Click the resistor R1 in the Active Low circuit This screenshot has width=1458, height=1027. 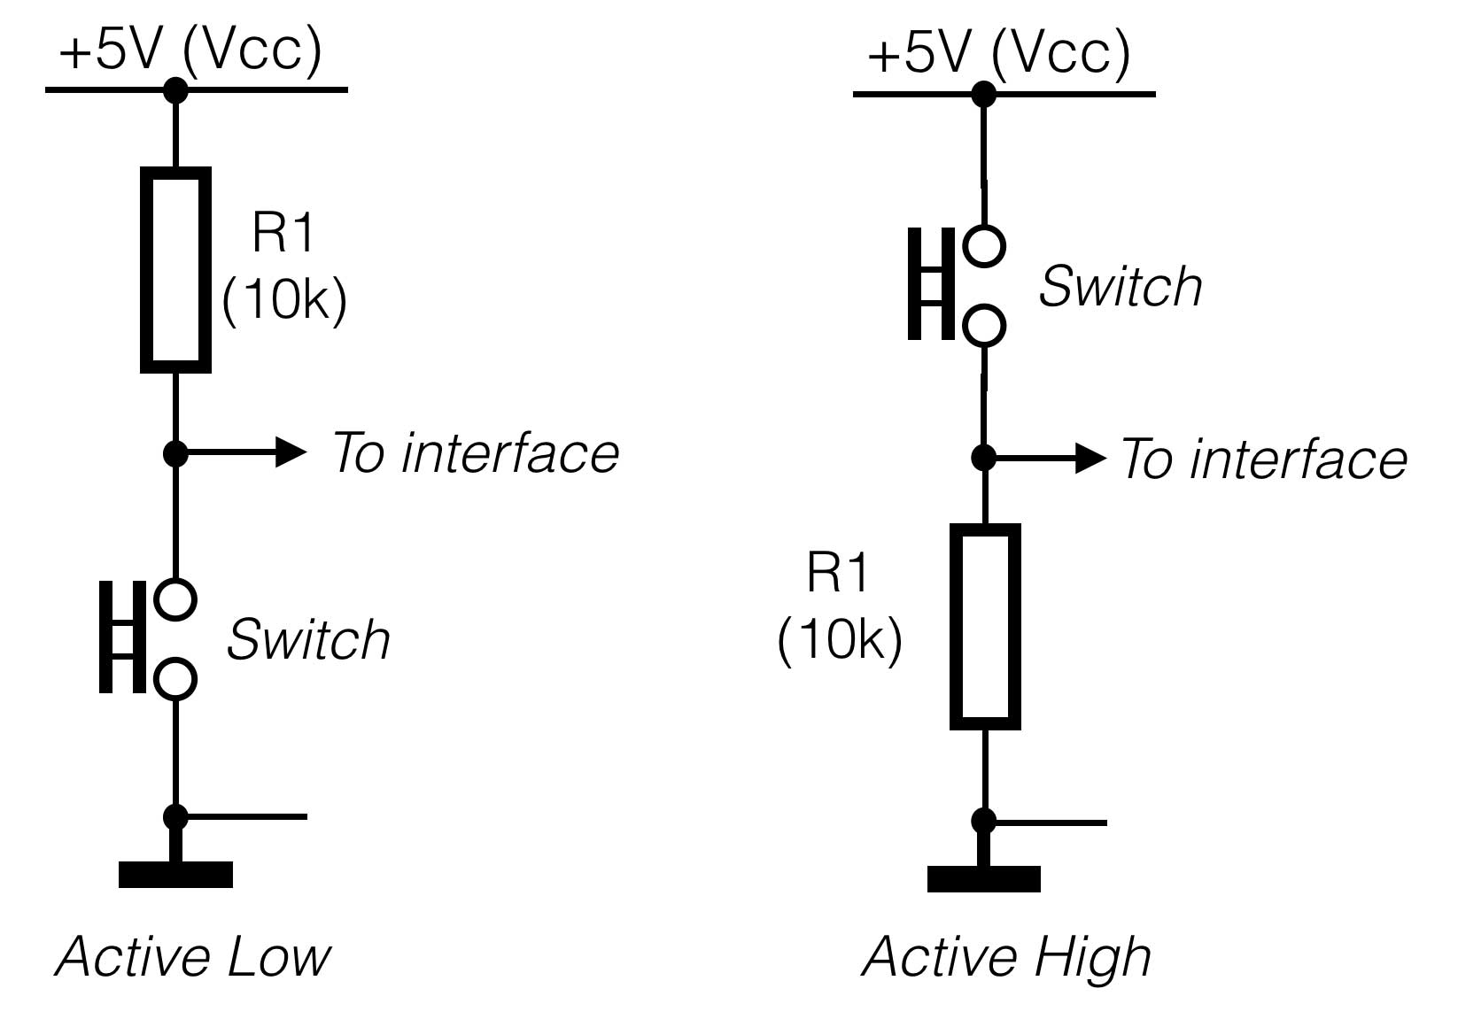coord(175,269)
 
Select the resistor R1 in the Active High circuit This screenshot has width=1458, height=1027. coord(985,626)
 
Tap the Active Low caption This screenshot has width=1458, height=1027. coord(192,957)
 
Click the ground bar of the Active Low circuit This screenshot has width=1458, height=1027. coord(175,875)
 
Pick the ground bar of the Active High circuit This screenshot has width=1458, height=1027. coord(984,879)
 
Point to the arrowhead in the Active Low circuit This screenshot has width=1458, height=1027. coord(290,452)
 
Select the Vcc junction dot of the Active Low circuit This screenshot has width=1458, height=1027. coord(175,89)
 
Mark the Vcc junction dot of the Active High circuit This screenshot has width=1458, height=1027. coord(984,93)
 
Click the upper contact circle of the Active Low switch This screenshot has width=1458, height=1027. coord(175,599)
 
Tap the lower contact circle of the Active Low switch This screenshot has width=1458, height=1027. coord(175,679)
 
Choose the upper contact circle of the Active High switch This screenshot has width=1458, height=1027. coord(984,245)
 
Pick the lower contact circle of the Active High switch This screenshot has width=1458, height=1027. coord(984,325)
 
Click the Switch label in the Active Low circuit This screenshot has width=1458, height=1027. coord(308,639)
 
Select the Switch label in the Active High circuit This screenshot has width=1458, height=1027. coord(1121,286)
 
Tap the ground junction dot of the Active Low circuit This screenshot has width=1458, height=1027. coord(175,816)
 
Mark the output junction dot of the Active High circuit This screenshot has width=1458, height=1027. coord(984,458)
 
